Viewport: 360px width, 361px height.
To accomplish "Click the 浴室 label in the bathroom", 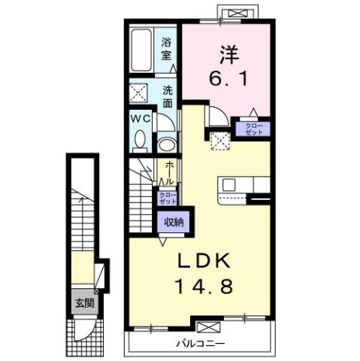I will coord(167,48).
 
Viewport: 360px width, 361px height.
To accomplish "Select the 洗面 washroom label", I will coord(169,96).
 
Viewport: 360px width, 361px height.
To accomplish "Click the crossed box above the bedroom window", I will coord(241,12).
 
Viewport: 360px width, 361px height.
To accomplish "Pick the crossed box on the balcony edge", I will coord(208,328).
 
